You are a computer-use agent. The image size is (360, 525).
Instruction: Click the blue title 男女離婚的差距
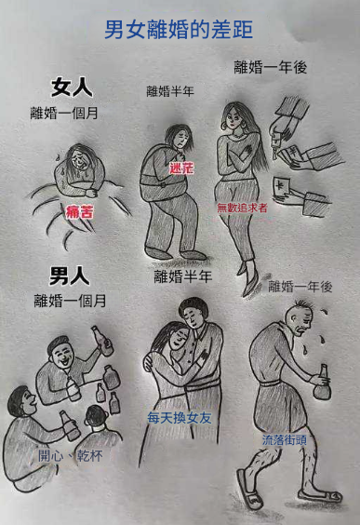tap(179, 30)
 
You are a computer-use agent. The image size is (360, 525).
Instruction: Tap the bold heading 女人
tap(72, 87)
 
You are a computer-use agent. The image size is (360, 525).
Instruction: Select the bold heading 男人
tap(70, 276)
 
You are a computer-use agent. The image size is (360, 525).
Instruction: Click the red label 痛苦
tap(80, 212)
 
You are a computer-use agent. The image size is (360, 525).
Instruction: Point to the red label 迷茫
tap(181, 168)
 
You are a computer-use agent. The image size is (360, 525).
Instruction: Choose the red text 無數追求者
tap(242, 208)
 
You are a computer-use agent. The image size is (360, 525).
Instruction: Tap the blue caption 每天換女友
tap(180, 418)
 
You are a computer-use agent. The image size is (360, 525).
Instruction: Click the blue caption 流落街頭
tap(285, 439)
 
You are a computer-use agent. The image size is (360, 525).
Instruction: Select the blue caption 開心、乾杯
tap(71, 456)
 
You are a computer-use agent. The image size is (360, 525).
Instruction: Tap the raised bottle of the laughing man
tap(102, 341)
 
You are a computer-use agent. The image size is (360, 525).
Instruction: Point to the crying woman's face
tap(80, 160)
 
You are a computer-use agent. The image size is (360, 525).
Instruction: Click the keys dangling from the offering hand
tap(275, 146)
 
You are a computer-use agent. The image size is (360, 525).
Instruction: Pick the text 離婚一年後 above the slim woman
tap(271, 67)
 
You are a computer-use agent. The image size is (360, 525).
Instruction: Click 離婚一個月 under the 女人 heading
tap(64, 114)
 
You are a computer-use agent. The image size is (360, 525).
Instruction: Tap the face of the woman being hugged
tap(178, 336)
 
